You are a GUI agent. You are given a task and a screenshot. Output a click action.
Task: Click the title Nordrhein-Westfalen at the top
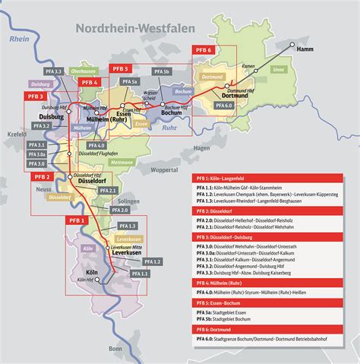134,28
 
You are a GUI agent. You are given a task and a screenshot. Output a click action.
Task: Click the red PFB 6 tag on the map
206,50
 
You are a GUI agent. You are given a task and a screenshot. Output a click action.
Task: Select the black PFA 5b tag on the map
163,71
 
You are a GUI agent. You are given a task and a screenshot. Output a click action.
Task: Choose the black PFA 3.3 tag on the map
53,71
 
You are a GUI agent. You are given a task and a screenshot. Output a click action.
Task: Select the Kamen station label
247,67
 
